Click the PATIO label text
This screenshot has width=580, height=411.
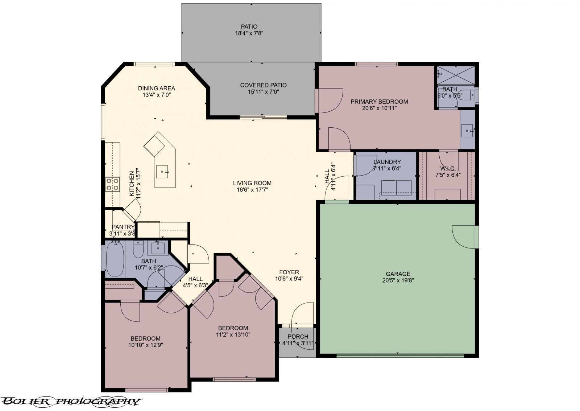[249, 27]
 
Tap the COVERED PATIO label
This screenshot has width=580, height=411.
[263, 85]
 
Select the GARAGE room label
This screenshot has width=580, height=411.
[398, 274]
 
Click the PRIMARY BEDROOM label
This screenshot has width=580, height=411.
[379, 102]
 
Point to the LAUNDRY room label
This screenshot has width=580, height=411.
[387, 162]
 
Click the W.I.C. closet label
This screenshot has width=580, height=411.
[448, 168]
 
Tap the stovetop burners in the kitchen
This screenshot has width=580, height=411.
[113, 184]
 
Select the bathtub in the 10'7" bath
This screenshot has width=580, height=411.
[115, 258]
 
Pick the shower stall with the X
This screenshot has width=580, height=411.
[456, 75]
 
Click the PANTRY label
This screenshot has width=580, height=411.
[123, 227]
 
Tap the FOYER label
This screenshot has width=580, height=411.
[289, 272]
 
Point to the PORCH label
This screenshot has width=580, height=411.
[298, 337]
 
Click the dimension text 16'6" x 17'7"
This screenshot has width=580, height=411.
[252, 190]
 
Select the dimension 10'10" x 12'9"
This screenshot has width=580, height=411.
[145, 345]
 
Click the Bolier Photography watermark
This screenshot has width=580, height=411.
[71, 402]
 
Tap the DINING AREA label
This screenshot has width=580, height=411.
[156, 89]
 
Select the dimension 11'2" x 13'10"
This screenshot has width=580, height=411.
[233, 334]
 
